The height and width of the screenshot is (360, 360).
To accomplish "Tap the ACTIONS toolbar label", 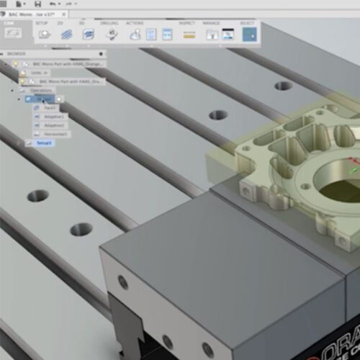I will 134,22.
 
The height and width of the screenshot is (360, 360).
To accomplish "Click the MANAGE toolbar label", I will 211,22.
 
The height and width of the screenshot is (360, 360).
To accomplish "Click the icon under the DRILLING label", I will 112,34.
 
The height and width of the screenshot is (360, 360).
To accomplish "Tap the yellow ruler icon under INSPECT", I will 187,34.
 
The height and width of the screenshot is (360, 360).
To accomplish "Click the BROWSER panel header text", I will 17,53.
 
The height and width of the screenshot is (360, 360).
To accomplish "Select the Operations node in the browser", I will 42,91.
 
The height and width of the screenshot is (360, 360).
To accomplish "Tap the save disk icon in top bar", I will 37,5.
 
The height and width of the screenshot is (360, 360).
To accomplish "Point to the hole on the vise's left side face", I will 123,282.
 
